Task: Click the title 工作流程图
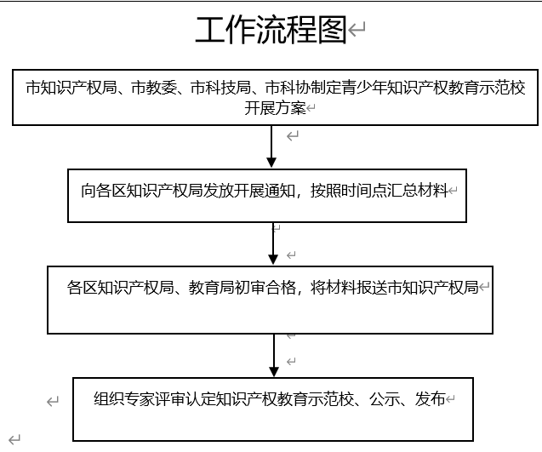coord(271,30)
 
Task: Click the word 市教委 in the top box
coord(154,88)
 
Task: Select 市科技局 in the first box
coord(221,88)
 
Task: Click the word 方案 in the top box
coord(290,108)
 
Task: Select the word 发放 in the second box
coord(218,191)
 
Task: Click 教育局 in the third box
coord(211,288)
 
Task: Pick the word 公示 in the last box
coord(385,398)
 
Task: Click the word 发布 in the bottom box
coord(431,398)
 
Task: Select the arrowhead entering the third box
coord(273,260)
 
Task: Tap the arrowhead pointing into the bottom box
coord(274,372)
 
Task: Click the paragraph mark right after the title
coord(357,29)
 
